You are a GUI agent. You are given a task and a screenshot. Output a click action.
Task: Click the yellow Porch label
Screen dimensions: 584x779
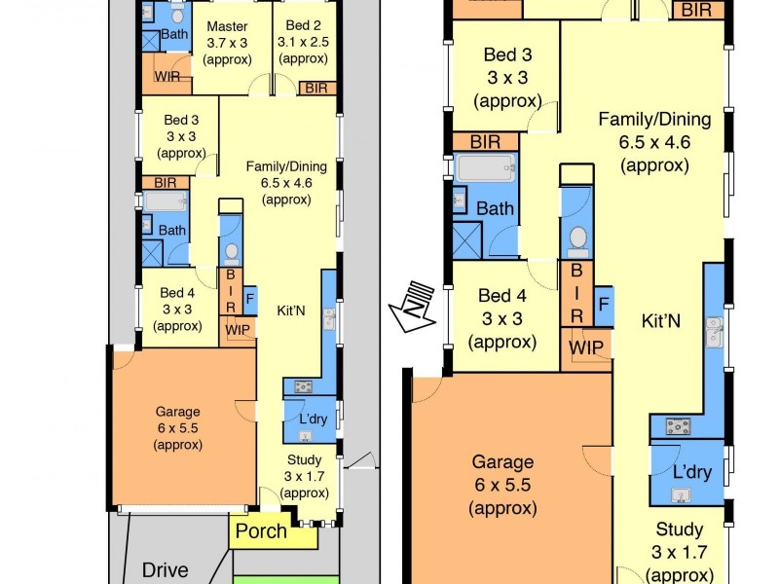tap(261, 531)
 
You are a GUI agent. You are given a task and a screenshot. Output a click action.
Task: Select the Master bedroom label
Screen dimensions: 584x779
tap(227, 26)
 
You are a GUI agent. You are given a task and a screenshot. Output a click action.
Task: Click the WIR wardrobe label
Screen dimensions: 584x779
tap(167, 75)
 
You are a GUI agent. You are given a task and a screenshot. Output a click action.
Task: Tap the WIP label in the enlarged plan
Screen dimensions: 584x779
tap(587, 347)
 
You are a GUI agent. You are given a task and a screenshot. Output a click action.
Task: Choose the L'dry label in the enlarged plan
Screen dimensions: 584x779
tap(691, 472)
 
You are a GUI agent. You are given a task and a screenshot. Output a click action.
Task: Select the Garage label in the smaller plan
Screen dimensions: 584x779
tap(177, 412)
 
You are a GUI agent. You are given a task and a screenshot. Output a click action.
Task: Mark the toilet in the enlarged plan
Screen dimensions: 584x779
tap(577, 237)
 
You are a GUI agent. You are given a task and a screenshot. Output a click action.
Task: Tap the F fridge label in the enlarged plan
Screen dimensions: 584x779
tap(604, 304)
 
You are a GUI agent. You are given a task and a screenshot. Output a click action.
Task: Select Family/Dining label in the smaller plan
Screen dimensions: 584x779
tap(285, 166)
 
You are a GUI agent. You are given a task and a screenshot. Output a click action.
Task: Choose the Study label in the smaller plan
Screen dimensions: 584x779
tap(304, 460)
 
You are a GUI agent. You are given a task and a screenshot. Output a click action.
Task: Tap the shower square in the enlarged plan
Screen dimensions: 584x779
tap(468, 239)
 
